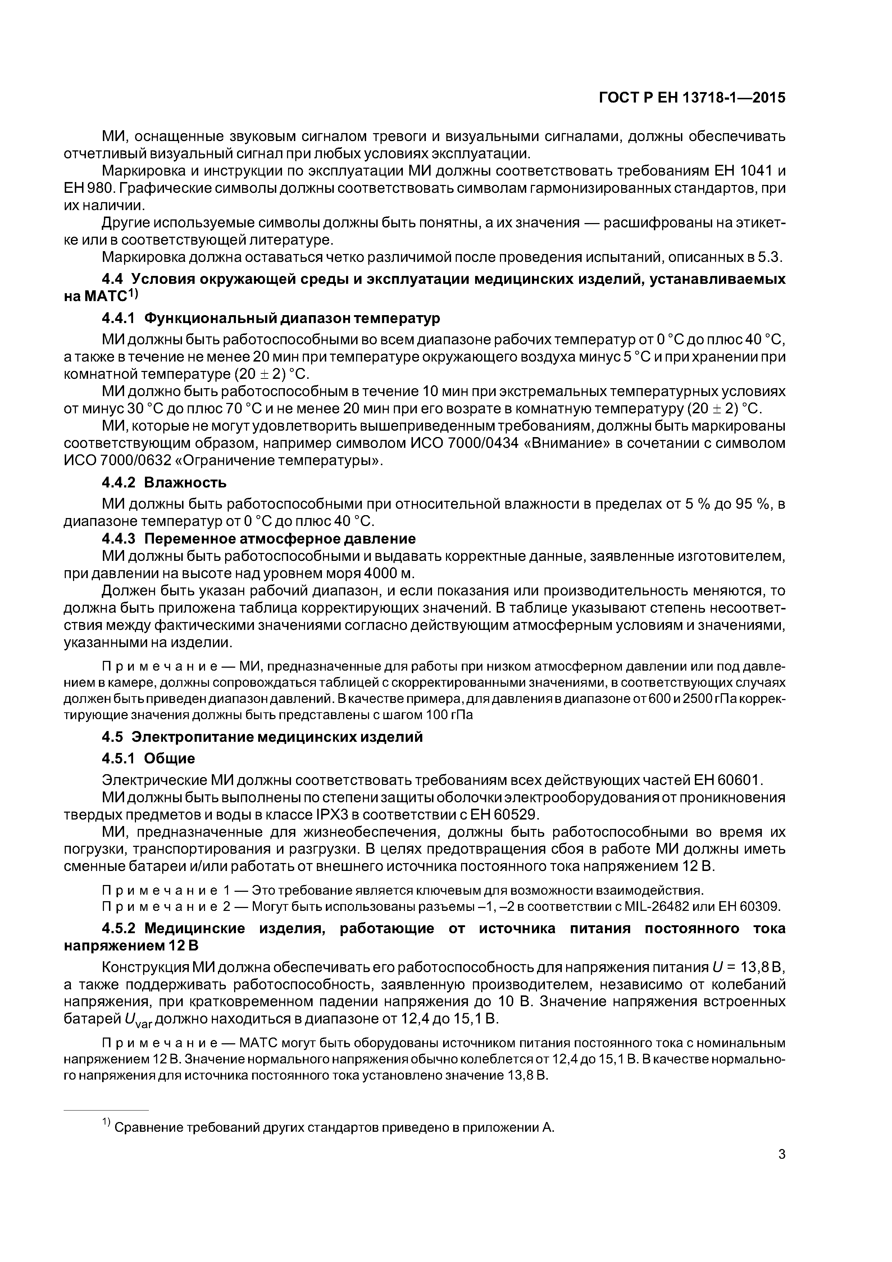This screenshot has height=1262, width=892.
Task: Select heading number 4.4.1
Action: [x=119, y=318]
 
